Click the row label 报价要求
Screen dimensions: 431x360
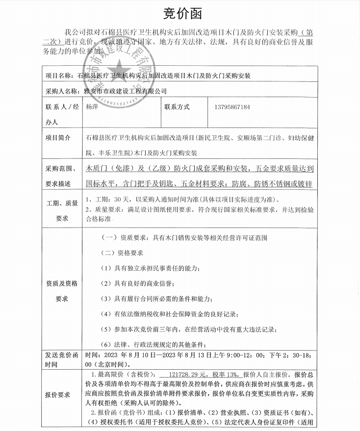(58, 394)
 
